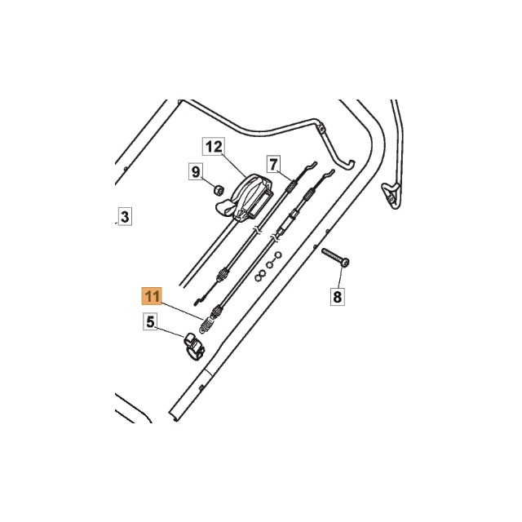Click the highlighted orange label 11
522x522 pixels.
[153, 295]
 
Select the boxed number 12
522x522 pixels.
[213, 147]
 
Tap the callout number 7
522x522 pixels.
[273, 162]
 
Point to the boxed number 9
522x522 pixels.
[196, 171]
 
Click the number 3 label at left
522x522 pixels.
[124, 216]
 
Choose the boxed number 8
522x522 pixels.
[338, 295]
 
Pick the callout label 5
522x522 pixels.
[150, 322]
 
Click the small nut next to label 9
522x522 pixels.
[219, 190]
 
